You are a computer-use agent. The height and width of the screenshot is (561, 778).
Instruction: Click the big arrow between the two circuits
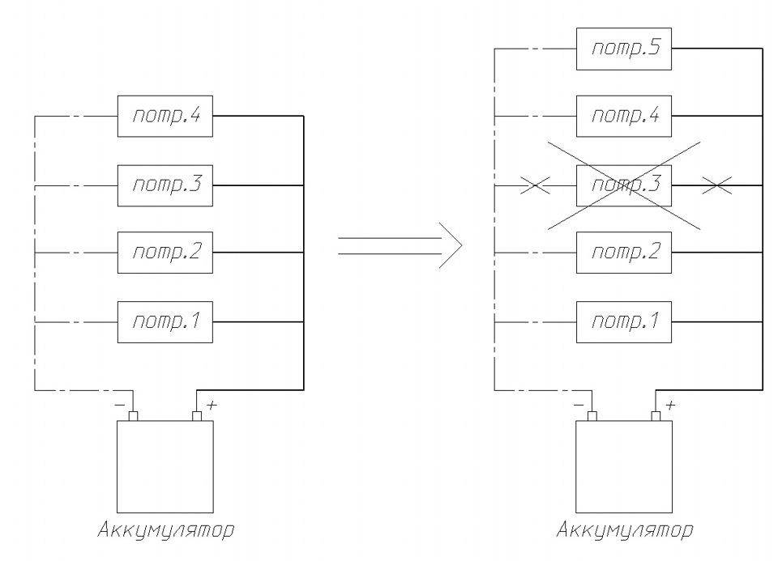[400, 245]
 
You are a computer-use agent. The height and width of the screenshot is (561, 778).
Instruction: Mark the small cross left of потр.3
[535, 185]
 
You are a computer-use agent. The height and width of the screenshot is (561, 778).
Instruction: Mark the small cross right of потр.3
[716, 185]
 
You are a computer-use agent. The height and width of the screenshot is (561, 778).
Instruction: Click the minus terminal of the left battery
[133, 416]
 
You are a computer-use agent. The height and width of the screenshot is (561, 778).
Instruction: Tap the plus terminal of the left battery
[197, 416]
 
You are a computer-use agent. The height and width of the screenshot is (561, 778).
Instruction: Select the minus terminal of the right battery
[592, 416]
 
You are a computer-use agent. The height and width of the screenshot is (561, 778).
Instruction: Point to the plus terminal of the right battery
[656, 416]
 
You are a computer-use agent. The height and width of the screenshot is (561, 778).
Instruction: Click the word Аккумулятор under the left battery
[165, 529]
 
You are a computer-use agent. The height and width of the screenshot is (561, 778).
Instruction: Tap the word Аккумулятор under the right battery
[625, 529]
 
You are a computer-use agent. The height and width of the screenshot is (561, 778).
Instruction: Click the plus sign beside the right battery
[670, 405]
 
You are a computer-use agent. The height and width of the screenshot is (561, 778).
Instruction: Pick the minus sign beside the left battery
[120, 405]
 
